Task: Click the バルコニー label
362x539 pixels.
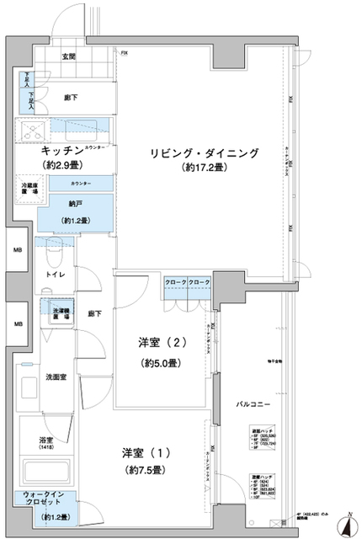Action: [252, 405]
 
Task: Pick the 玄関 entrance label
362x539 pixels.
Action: [68, 57]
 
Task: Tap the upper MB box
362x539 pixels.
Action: [17, 250]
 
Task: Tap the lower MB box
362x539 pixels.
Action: [17, 323]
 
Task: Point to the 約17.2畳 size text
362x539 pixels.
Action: [205, 168]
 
